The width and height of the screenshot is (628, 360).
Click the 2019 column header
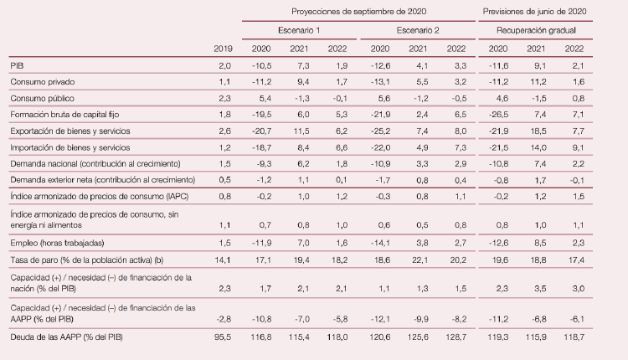[223, 49]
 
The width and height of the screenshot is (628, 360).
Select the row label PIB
[17, 65]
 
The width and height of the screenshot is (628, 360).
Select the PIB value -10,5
[261, 65]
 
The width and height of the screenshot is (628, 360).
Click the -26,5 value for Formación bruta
[497, 115]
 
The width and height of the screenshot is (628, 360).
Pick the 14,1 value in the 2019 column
[223, 260]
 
